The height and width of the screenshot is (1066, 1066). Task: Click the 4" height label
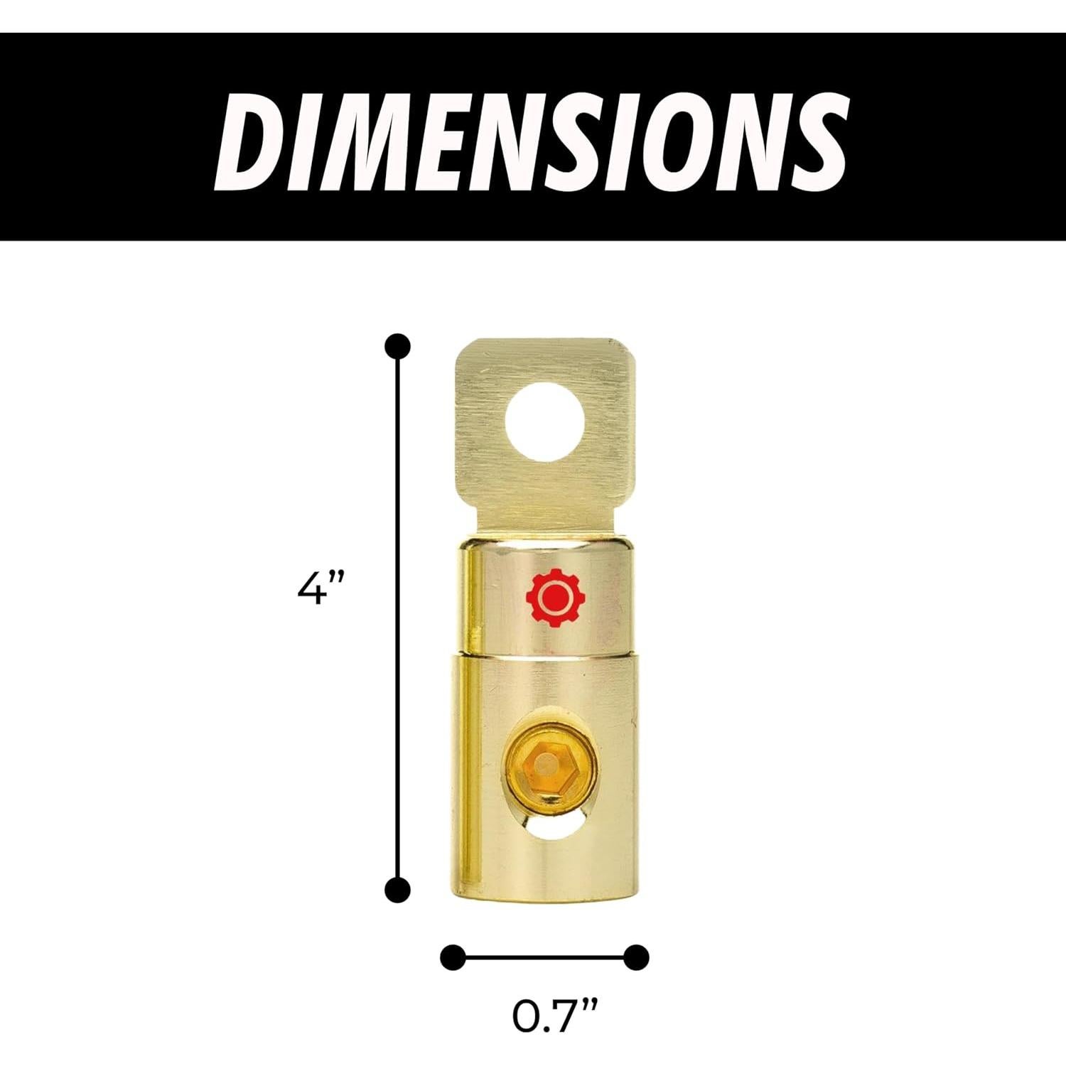321,589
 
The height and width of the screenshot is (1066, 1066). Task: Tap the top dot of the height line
398,346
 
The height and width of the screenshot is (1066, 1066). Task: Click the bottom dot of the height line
398,889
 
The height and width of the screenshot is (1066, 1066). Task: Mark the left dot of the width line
453,957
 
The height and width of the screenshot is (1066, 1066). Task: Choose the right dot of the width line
636,957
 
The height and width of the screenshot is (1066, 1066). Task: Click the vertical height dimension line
398,618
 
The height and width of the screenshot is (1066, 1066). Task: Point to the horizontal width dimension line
544,957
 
